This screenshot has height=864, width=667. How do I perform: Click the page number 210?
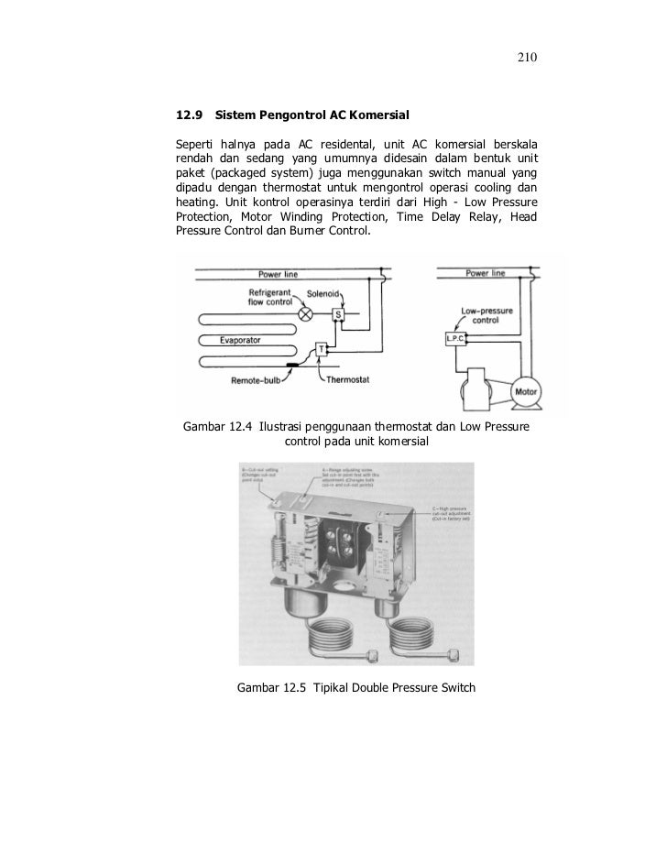(526, 59)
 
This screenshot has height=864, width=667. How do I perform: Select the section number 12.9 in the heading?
(188, 116)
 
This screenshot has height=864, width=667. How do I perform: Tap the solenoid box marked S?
(337, 314)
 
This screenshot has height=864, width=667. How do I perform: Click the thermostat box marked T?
(322, 349)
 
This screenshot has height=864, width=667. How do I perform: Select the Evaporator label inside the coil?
(241, 340)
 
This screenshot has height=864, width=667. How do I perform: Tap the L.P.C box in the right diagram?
(455, 338)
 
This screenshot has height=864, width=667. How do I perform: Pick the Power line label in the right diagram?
(485, 273)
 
